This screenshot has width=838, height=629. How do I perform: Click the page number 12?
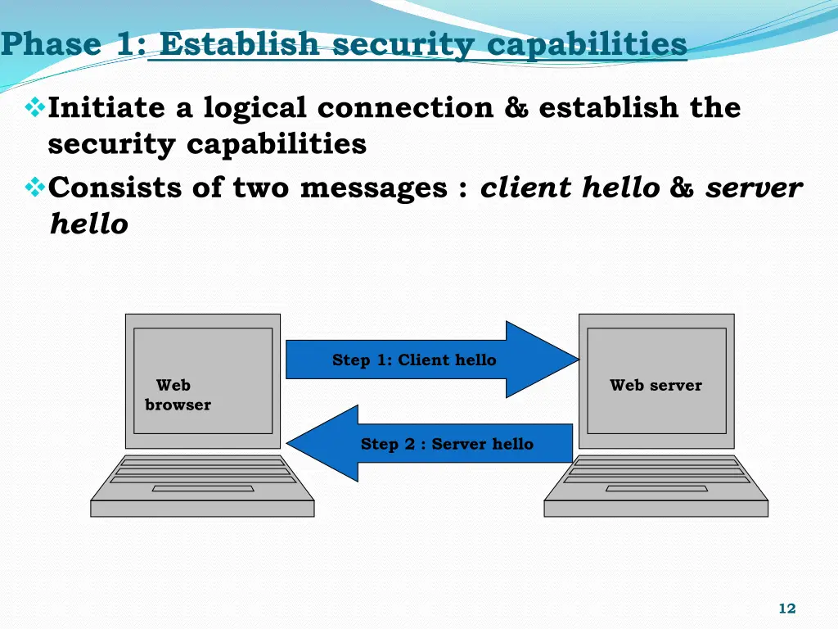click(786, 609)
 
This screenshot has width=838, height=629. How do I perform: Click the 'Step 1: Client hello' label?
click(414, 360)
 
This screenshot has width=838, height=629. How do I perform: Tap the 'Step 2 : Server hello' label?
click(447, 444)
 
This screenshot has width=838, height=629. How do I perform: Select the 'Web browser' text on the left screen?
click(177, 395)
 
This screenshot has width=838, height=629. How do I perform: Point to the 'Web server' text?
click(656, 385)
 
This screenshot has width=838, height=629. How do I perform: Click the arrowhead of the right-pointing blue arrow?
click(544, 360)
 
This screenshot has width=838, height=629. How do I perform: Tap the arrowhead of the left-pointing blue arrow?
click(322, 443)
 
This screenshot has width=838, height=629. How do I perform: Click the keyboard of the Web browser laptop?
click(201, 471)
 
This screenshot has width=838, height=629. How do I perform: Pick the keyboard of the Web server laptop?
click(656, 471)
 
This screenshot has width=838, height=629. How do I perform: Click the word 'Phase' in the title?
click(52, 43)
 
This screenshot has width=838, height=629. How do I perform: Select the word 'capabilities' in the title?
click(587, 43)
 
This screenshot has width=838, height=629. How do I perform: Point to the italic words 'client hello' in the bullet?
click(570, 188)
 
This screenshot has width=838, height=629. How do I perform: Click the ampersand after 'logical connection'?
click(516, 107)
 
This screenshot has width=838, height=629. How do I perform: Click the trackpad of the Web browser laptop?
click(202, 489)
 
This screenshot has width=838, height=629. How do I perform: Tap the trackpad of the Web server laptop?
click(656, 489)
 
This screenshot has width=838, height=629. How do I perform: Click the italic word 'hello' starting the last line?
click(88, 224)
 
